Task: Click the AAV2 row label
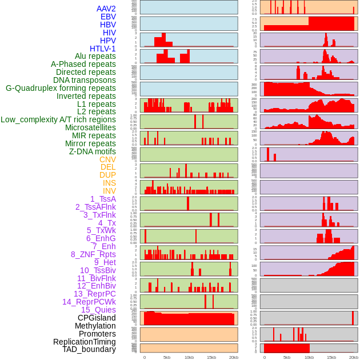point(106,9)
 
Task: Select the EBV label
point(108,17)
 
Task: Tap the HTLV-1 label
point(103,49)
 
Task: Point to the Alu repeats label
point(95,57)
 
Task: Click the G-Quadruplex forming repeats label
point(61,88)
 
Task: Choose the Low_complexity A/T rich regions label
point(58,119)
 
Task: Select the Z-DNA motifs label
point(93,151)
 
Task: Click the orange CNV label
point(107,159)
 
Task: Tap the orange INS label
point(109,183)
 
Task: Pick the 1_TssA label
point(103,199)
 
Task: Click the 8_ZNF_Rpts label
point(93,254)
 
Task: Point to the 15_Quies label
point(98,310)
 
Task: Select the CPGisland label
point(97,318)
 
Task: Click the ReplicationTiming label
point(84,342)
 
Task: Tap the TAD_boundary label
point(89,349)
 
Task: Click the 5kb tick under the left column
point(167,357)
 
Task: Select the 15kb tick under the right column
point(331,357)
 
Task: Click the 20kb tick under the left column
point(234,357)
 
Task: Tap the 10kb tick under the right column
point(309,357)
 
